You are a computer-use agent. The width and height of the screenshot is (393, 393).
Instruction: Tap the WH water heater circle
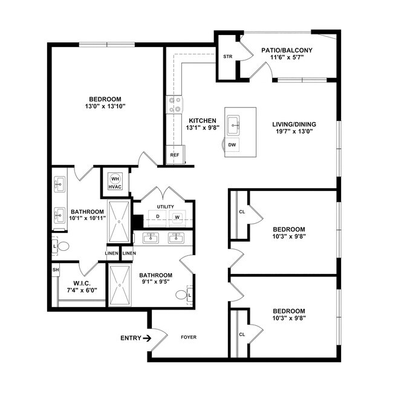(115, 178)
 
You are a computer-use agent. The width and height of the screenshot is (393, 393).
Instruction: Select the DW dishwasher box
(232, 145)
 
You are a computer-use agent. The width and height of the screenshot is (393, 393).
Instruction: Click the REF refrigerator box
(175, 155)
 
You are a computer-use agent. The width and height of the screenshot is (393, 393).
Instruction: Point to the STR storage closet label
(227, 57)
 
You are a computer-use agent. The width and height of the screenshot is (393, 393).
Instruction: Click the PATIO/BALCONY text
(287, 50)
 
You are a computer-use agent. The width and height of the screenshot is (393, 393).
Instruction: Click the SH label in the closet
(56, 270)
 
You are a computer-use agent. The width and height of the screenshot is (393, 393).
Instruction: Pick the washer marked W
(177, 216)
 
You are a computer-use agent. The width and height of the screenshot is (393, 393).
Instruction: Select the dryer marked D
(158, 216)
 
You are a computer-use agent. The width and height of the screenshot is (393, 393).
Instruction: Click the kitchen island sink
(234, 126)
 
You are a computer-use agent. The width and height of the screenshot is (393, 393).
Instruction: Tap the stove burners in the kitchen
(175, 105)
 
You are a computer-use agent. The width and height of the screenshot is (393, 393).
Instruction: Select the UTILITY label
(165, 207)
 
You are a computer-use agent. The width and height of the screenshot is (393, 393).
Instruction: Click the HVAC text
(115, 187)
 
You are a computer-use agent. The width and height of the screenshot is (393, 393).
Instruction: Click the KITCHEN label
(202, 120)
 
